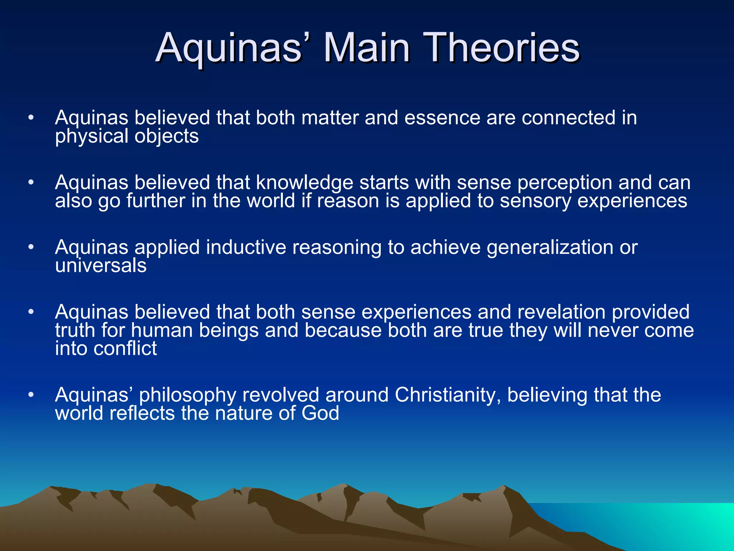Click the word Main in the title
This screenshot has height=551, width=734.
366,48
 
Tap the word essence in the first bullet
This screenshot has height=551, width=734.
442,118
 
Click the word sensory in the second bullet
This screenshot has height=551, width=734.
535,201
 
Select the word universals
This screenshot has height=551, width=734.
101,266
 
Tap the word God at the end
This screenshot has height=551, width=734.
320,413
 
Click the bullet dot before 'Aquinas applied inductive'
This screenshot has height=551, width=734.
31,247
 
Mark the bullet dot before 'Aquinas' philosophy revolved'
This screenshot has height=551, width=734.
31,395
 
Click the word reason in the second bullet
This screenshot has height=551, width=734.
348,202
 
